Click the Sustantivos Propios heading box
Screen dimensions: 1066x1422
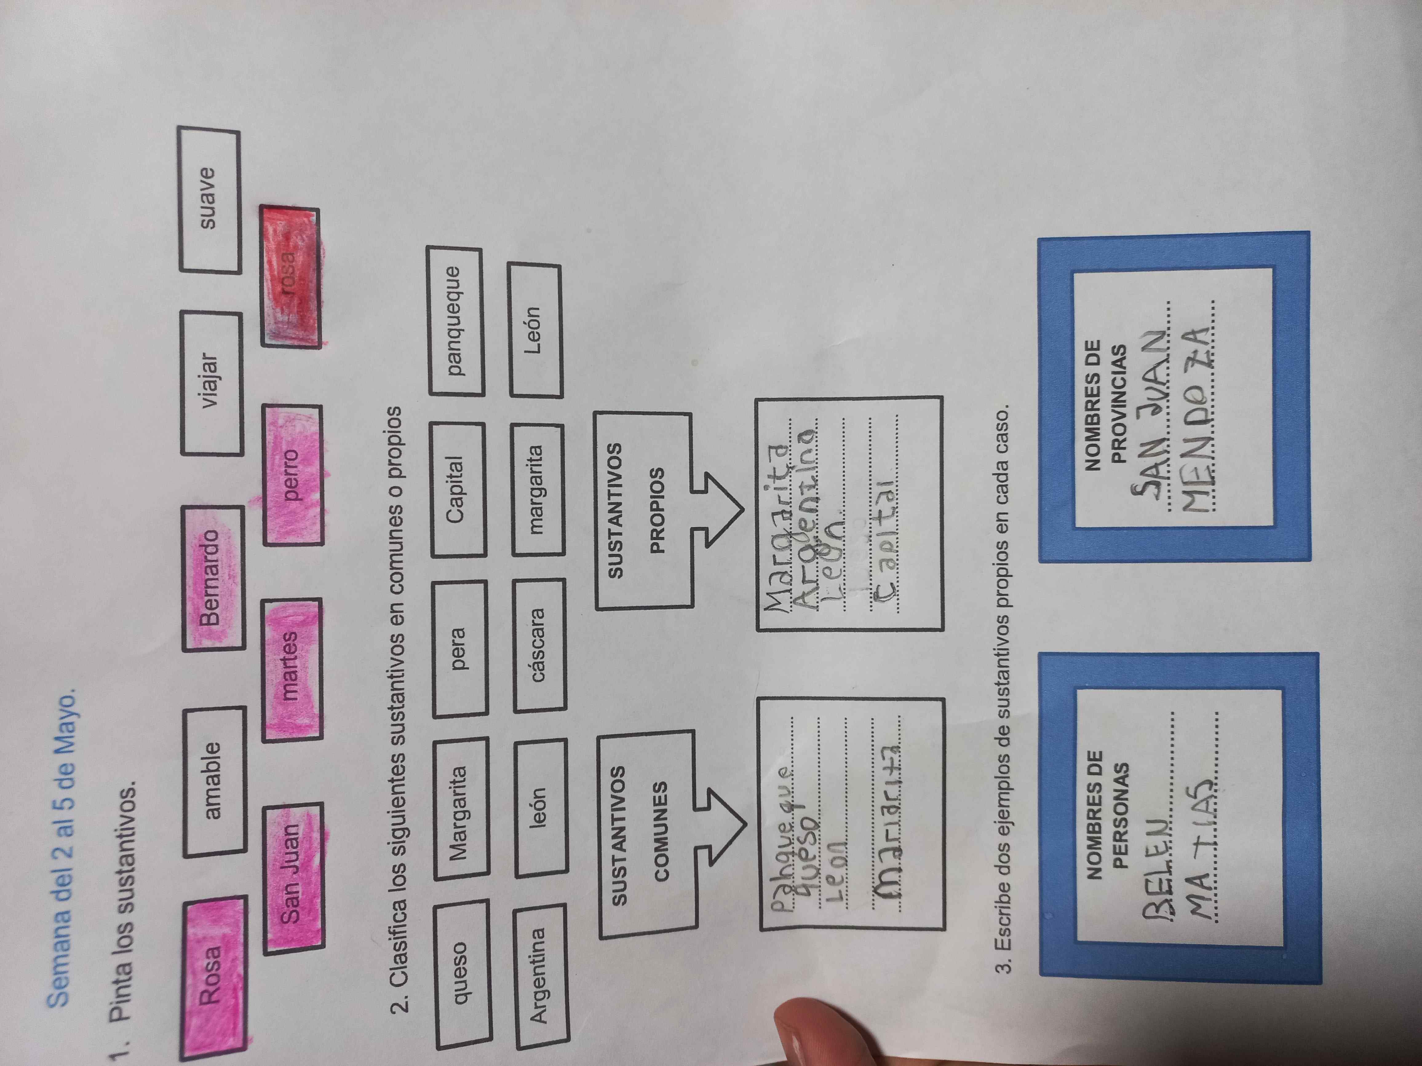[x=643, y=511]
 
